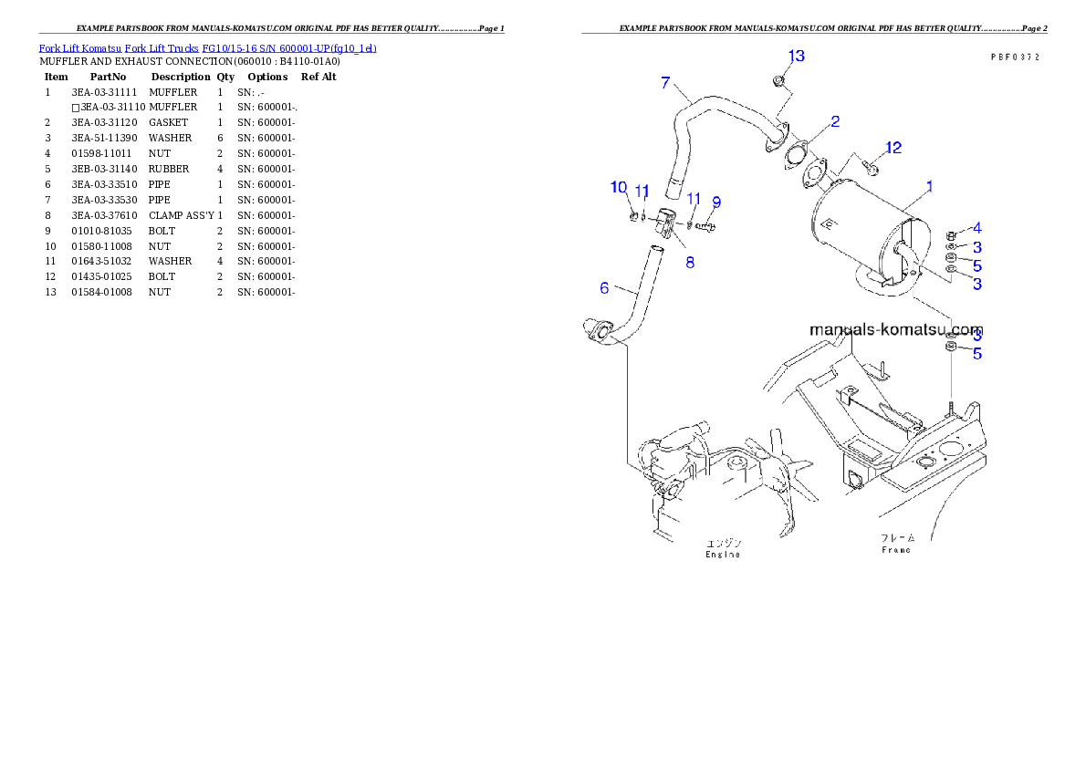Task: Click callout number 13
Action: pos(796,57)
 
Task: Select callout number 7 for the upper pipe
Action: pos(666,83)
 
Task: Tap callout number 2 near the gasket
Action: pos(835,120)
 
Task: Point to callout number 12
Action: pos(893,148)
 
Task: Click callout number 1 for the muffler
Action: pos(929,186)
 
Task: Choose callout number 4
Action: pos(976,227)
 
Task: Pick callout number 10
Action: pos(619,187)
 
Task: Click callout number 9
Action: pos(716,202)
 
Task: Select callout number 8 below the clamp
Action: pos(690,263)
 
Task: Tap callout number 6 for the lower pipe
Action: pos(604,288)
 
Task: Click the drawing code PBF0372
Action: pos(1015,57)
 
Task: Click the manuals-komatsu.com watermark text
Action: pos(896,329)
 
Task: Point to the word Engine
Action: pos(723,555)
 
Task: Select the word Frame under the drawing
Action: pos(896,550)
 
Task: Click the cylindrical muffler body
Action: pos(858,233)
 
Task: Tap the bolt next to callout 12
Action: pos(871,168)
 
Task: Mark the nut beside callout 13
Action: pos(778,83)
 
